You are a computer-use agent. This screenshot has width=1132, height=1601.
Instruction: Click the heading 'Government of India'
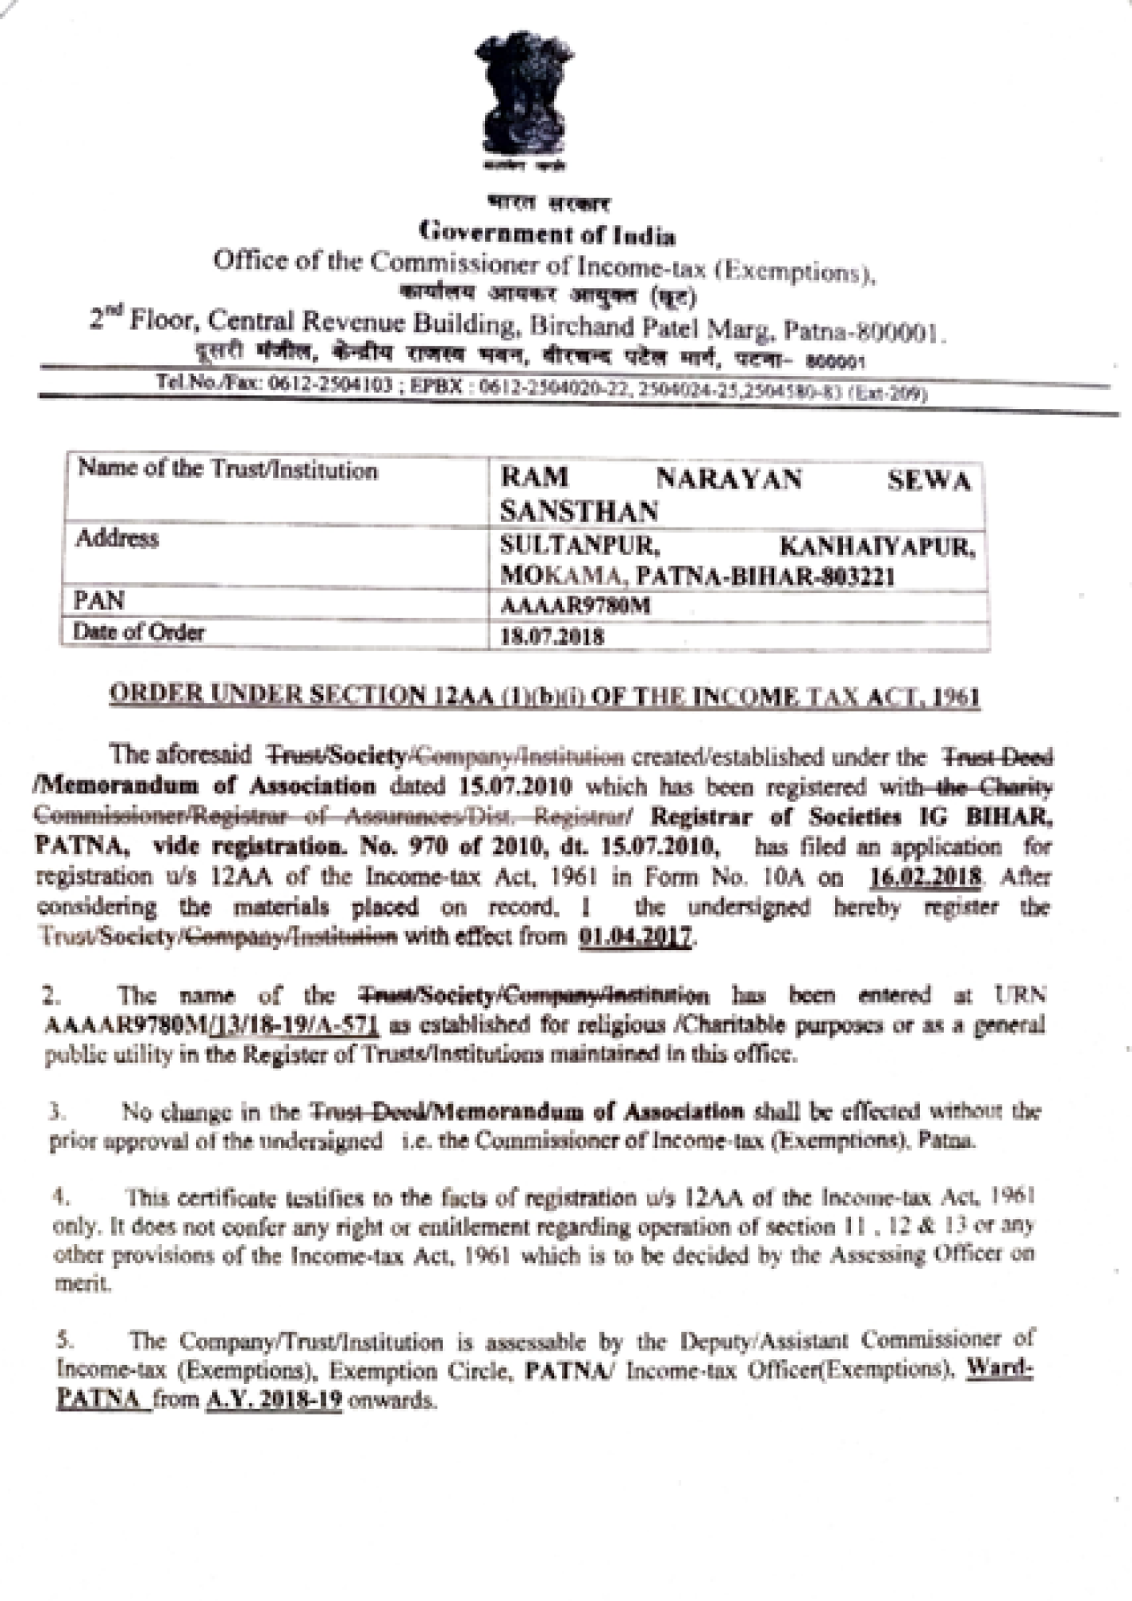coord(548,234)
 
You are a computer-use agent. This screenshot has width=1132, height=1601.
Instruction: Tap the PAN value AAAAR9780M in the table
coord(575,607)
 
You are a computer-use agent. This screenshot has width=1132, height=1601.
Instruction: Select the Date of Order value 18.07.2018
coord(552,637)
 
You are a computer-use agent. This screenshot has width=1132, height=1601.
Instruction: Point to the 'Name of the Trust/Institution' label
coord(227,470)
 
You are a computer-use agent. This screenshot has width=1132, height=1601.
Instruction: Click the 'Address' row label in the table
coord(117,539)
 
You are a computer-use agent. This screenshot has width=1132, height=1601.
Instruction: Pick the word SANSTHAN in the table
coord(579,512)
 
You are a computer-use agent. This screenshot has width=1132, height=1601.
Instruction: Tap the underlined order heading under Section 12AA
coord(544,696)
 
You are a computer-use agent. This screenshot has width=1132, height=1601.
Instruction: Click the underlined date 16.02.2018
coord(925,877)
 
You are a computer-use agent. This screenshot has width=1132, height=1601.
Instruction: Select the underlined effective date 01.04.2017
coord(636,936)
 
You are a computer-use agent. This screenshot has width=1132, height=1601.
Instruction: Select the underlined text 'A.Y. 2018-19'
coord(274,1401)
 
